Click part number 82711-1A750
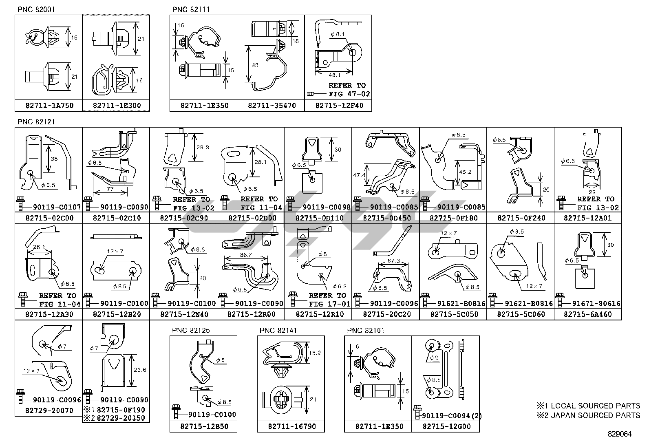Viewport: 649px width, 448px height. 49,106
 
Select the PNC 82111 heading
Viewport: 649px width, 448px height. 191,9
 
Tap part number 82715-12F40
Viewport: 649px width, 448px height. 338,106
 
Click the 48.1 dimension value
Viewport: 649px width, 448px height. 333,75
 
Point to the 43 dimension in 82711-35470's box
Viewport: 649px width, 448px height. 255,65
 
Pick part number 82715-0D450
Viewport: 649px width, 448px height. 386,218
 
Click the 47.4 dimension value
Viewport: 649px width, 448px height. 359,174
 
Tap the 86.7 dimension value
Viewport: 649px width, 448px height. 246,255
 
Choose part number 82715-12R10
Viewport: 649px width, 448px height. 318,314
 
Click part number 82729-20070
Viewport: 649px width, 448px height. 49,410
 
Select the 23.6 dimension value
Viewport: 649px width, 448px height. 140,370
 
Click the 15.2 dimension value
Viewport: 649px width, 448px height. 315,353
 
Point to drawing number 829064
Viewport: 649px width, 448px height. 620,434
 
